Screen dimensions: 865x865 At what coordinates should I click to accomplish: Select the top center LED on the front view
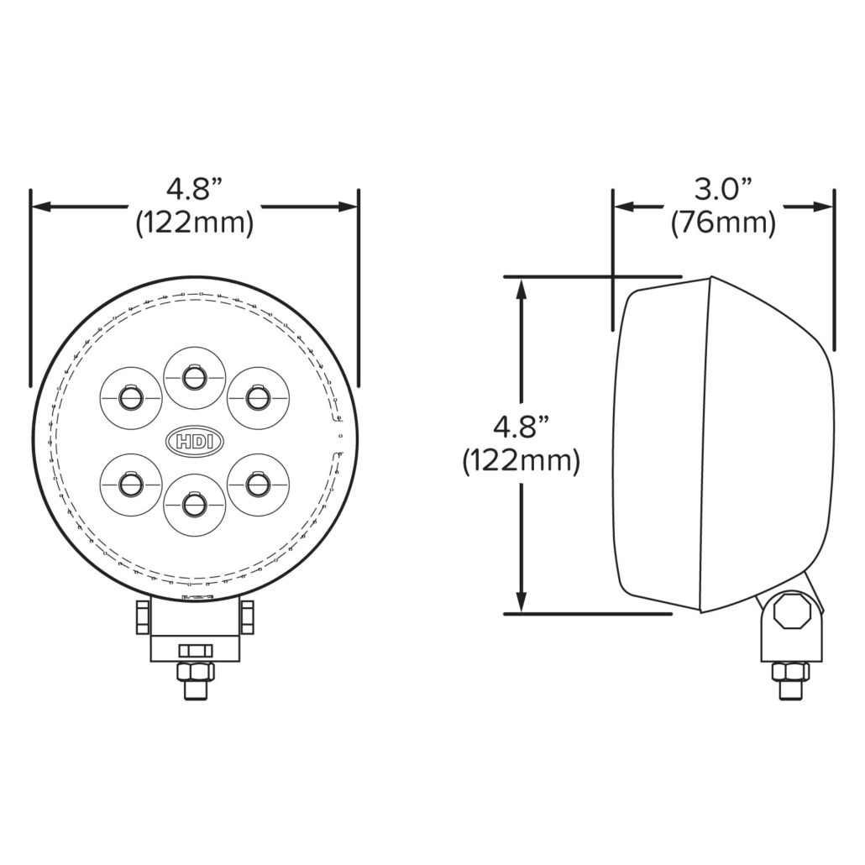coord(194,378)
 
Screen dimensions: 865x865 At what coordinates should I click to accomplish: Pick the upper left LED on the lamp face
coord(131,398)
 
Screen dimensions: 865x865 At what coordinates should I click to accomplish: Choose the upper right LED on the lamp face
coord(258,398)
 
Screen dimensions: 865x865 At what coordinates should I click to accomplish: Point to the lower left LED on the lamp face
coord(131,485)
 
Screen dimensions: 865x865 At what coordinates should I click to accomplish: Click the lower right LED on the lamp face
coord(258,485)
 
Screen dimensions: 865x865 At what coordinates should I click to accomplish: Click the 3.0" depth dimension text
coord(723,190)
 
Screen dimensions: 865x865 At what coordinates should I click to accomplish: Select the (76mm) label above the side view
coord(723,223)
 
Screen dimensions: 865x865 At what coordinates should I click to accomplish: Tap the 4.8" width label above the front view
coord(194,190)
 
